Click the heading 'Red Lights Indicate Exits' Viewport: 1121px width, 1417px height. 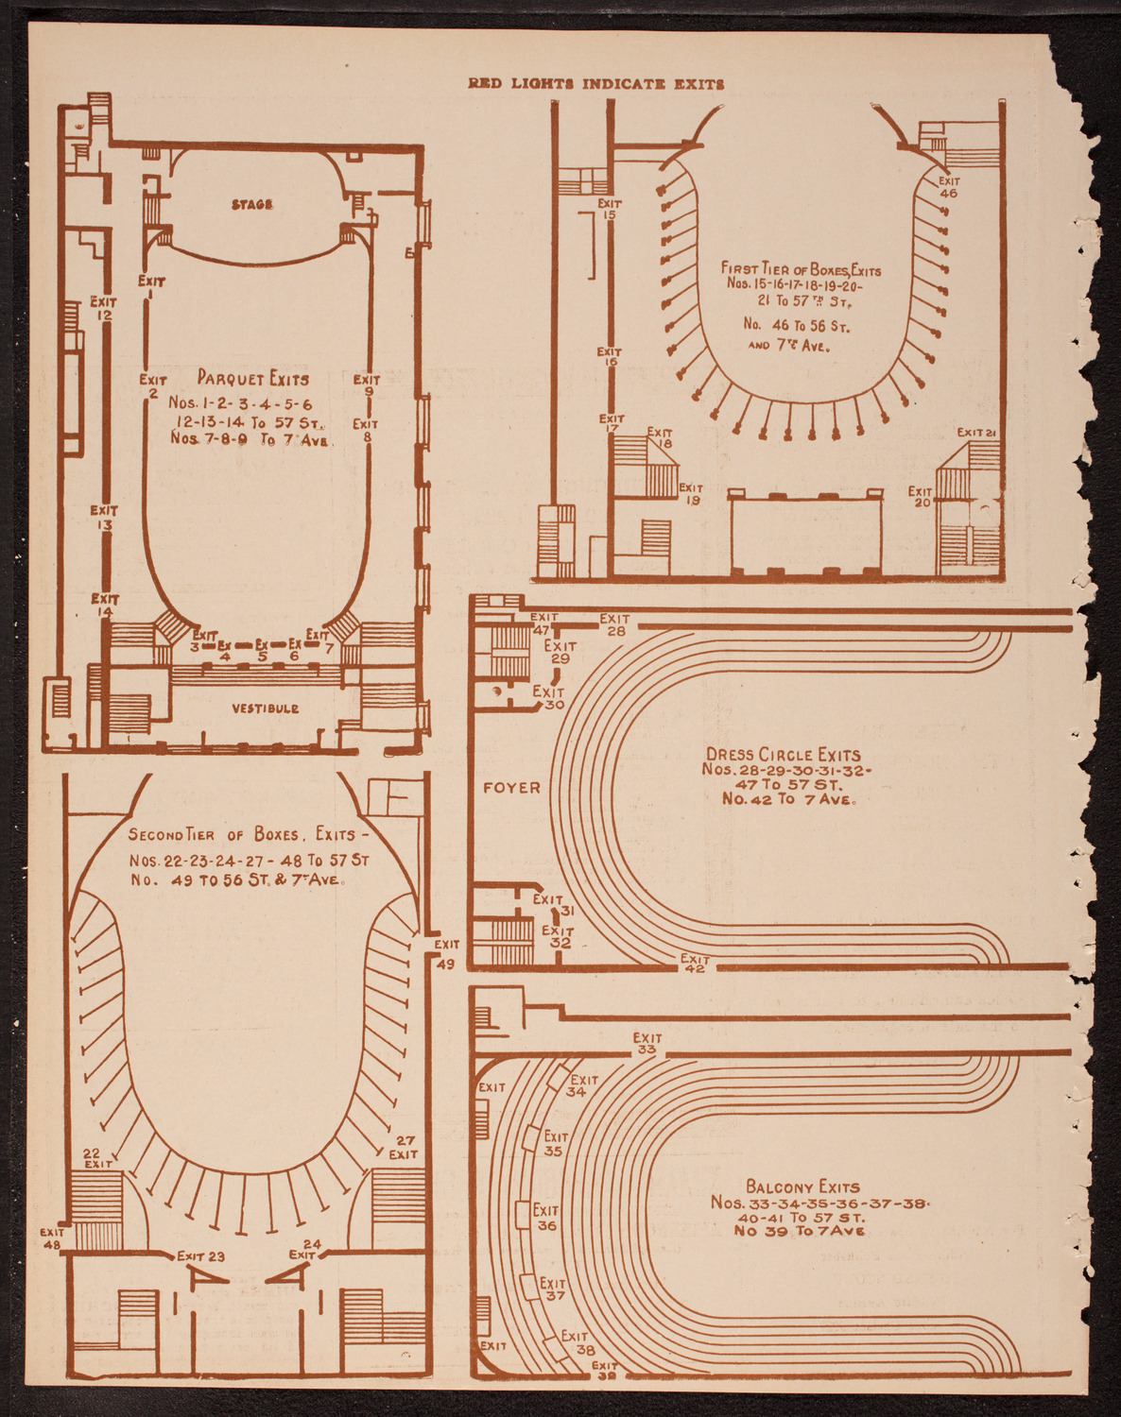(x=596, y=83)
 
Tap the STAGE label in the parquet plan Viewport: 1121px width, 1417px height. (x=252, y=204)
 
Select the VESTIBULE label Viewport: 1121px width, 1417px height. (x=265, y=708)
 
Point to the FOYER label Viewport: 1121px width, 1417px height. (x=511, y=787)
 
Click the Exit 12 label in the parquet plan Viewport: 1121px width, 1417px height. (x=104, y=308)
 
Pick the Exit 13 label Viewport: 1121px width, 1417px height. (x=104, y=518)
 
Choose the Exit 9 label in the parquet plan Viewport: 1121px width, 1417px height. (x=367, y=385)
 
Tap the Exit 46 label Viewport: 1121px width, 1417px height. (x=948, y=187)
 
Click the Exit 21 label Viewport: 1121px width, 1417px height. (x=977, y=433)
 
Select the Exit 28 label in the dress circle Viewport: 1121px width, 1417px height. (x=615, y=624)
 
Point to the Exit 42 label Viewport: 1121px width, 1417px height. (x=695, y=964)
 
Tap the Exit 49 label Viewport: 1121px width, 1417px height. (x=446, y=954)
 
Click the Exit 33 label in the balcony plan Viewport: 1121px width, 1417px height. (x=647, y=1044)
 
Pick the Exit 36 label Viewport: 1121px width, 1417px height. (x=546, y=1218)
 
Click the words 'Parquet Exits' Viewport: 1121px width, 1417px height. (x=253, y=379)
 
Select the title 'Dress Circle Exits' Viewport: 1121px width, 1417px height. (x=784, y=755)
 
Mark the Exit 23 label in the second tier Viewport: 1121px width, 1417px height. (x=201, y=1256)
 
